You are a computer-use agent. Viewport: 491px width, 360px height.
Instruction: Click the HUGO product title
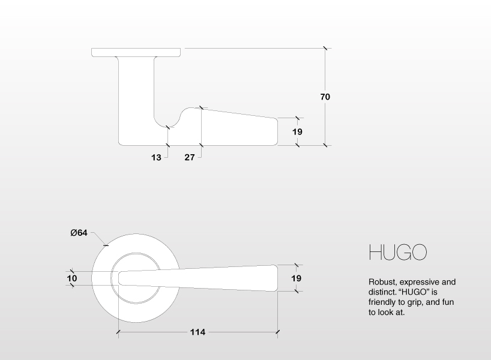tap(397, 252)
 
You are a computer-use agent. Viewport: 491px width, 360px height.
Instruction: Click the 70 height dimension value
tap(325, 97)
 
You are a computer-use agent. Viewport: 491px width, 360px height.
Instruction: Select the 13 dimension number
tap(156, 157)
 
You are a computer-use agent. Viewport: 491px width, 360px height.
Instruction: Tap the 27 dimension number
tap(189, 157)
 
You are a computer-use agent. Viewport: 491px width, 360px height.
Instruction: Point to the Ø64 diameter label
tap(79, 233)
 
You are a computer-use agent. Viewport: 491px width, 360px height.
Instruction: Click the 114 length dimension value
tap(197, 332)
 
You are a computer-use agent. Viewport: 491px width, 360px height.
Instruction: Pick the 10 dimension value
tap(72, 278)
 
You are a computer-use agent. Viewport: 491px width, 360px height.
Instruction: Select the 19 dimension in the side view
tap(297, 131)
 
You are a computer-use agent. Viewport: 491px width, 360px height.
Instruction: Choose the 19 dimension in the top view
tap(296, 278)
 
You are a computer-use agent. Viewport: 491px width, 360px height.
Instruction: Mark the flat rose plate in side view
tap(136, 52)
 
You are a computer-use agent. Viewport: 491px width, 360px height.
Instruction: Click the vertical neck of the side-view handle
tap(136, 96)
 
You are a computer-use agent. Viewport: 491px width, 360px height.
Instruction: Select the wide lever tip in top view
tap(271, 278)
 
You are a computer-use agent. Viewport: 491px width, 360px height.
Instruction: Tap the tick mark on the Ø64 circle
tap(106, 244)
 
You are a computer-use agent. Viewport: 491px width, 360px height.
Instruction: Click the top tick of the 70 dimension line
tap(325, 48)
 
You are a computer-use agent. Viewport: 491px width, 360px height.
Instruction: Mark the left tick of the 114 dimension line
tap(118, 331)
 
